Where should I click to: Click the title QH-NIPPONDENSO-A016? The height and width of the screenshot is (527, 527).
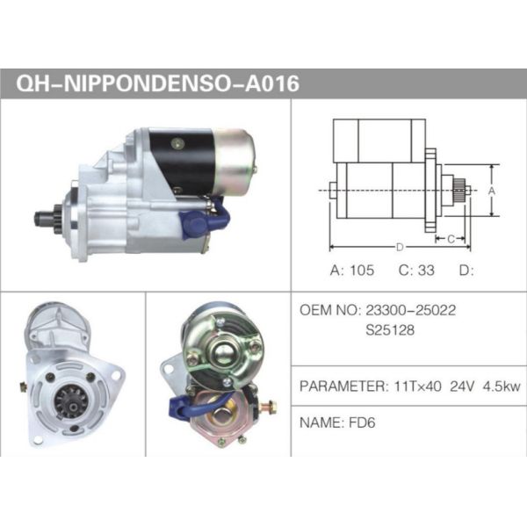pos(157,83)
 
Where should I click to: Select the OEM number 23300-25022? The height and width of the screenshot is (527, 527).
pos(410,310)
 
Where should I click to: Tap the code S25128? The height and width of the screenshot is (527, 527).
pos(390,330)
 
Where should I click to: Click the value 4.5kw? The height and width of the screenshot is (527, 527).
pos(502,386)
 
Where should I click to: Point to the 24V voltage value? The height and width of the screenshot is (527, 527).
pos(462,386)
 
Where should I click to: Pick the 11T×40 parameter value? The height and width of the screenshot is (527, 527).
pos(417,386)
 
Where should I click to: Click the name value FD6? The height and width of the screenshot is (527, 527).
pos(362,422)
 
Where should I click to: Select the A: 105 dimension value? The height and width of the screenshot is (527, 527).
pos(352,271)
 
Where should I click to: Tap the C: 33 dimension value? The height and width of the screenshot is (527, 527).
pos(416,271)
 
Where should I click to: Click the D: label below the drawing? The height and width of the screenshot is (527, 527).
pos(466,271)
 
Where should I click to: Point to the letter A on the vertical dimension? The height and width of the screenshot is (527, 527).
pos(492,191)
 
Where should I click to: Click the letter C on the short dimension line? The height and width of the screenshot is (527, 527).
pos(451,239)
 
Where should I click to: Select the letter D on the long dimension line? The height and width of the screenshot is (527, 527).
pos(400,248)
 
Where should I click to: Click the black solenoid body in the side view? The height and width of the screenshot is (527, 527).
pos(183,161)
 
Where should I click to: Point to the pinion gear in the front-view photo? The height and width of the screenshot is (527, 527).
pos(71,401)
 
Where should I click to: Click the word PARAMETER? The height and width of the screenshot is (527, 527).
pos(343,386)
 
